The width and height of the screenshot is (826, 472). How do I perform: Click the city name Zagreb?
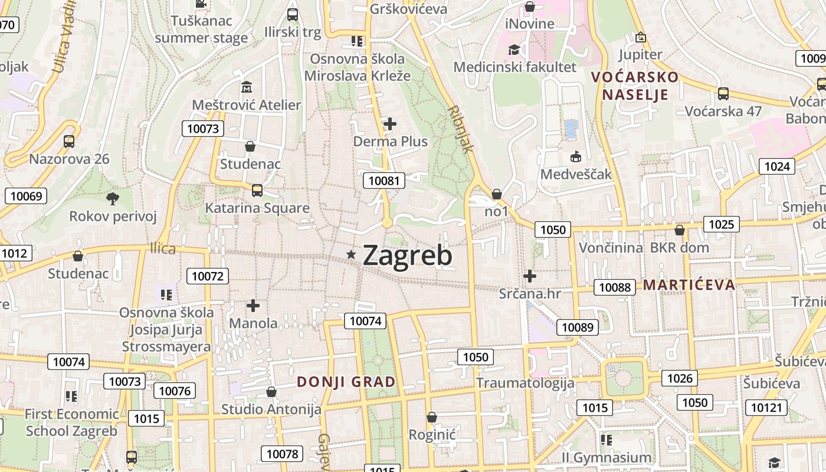tap(408, 255)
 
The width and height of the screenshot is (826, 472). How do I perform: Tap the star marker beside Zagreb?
tap(352, 254)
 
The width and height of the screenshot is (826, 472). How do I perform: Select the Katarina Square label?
tap(257, 208)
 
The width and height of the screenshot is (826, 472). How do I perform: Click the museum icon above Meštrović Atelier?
tap(247, 88)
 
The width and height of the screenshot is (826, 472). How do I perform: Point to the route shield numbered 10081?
tap(384, 181)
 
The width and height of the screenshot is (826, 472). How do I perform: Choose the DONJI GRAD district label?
tap(346, 382)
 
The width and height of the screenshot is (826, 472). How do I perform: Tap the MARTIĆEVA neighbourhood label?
tap(689, 285)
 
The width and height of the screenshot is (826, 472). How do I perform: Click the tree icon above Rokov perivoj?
tap(113, 199)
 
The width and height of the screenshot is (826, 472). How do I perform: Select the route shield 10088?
tap(614, 287)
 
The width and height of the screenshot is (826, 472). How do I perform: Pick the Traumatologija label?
tap(525, 383)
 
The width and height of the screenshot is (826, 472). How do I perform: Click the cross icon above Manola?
tap(253, 306)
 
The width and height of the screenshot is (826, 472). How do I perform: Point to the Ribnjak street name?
tap(461, 129)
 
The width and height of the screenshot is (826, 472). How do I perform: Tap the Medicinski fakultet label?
tap(514, 67)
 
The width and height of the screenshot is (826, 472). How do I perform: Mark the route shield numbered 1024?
tap(776, 166)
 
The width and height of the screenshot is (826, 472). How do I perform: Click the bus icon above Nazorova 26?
tap(69, 142)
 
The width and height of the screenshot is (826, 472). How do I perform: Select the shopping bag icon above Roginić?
tap(432, 417)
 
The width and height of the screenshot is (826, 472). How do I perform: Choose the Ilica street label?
tap(163, 248)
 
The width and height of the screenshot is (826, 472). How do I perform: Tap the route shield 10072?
tap(208, 276)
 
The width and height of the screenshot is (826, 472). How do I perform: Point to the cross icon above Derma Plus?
tap(390, 124)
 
